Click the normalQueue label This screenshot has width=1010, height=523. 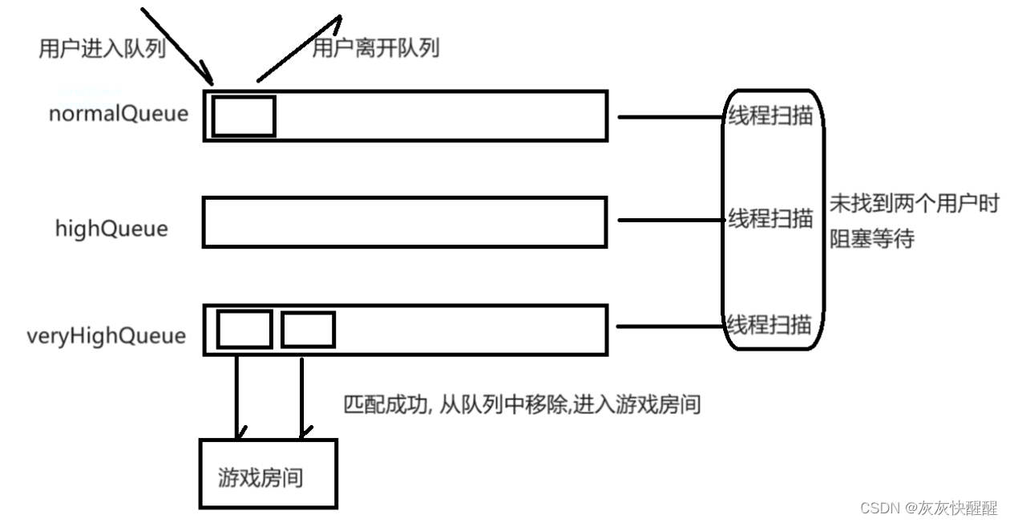coord(119,114)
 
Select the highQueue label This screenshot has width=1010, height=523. coord(111,229)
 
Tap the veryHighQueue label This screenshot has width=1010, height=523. coord(106,335)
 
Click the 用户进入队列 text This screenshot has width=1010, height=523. coord(102,49)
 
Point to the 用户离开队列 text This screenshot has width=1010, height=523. coord(375,49)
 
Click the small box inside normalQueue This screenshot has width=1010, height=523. coord(244,116)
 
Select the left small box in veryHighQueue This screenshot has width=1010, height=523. coord(244,330)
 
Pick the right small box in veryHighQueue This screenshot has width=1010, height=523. coord(308,330)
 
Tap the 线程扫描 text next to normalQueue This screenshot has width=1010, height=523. coord(770,116)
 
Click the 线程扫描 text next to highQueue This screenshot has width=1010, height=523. coord(770,218)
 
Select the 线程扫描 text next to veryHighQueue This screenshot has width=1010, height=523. coord(770,325)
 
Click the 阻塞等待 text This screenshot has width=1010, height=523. coord(871,239)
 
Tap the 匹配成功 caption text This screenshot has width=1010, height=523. coord(522,404)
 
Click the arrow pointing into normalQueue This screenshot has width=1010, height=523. coord(178,44)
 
